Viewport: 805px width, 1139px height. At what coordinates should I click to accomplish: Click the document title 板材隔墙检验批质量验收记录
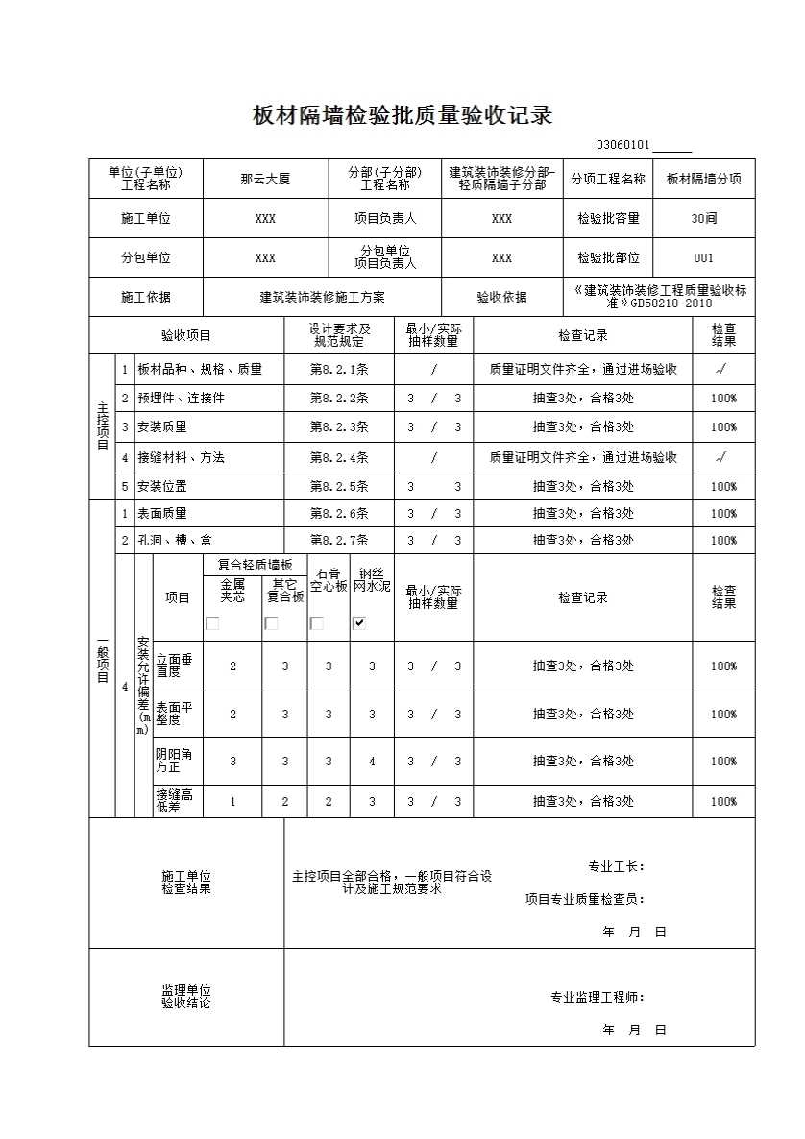tap(402, 116)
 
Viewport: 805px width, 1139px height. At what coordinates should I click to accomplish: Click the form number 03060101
tap(623, 146)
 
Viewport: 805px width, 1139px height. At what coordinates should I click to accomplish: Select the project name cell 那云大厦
tap(265, 179)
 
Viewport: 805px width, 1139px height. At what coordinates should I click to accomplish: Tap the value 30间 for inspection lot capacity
tap(703, 218)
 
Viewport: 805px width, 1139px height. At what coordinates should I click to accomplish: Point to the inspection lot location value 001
tap(703, 258)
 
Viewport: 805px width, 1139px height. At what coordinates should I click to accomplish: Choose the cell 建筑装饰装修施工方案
tap(322, 298)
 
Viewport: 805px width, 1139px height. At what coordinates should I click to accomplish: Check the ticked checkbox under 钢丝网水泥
tap(359, 623)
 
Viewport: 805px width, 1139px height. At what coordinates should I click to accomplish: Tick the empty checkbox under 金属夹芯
tap(213, 623)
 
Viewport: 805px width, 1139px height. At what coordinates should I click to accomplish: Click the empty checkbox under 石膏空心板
tap(316, 623)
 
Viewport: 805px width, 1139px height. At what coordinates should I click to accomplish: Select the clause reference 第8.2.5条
tap(339, 487)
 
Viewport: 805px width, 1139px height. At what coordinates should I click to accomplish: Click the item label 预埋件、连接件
tap(181, 399)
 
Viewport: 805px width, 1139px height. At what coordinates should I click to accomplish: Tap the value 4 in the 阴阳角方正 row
tap(373, 762)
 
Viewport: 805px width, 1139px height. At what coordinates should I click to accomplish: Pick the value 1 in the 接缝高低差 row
tap(232, 801)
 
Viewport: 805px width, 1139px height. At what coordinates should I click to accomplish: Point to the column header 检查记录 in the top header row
tap(582, 336)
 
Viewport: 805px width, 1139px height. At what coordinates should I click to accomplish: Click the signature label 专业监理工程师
tap(597, 998)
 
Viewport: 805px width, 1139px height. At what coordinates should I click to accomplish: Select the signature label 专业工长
tap(616, 867)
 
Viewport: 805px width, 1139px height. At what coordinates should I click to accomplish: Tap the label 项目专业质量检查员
tap(584, 900)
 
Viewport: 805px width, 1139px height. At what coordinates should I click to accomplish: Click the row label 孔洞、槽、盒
tap(174, 541)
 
